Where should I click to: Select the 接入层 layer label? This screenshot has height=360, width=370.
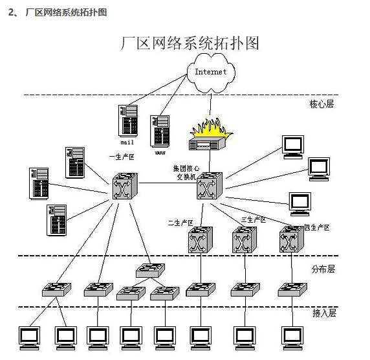click(323, 313)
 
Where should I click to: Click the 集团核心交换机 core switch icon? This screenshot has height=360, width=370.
click(209, 186)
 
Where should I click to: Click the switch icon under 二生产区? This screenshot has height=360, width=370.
click(200, 241)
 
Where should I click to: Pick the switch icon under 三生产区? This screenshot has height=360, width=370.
click(245, 241)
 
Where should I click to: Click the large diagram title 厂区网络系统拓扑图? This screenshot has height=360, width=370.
click(190, 43)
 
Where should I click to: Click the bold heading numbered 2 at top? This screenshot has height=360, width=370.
click(58, 12)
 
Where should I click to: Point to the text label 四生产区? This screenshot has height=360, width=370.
click(316, 227)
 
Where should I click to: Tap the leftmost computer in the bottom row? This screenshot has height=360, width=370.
click(28, 337)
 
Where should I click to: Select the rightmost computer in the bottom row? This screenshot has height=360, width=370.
click(292, 337)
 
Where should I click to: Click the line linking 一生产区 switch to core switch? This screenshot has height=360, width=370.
click(166, 185)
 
